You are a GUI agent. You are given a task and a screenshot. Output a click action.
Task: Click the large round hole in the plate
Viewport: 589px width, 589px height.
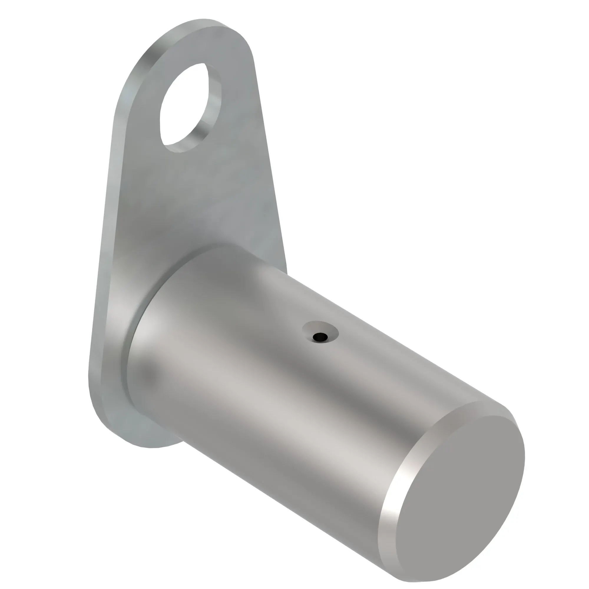coord(183,107)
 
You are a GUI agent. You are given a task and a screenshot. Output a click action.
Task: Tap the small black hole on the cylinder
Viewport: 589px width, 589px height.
coord(320,337)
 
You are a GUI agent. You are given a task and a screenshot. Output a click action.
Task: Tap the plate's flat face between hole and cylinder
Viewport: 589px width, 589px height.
coord(198,198)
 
